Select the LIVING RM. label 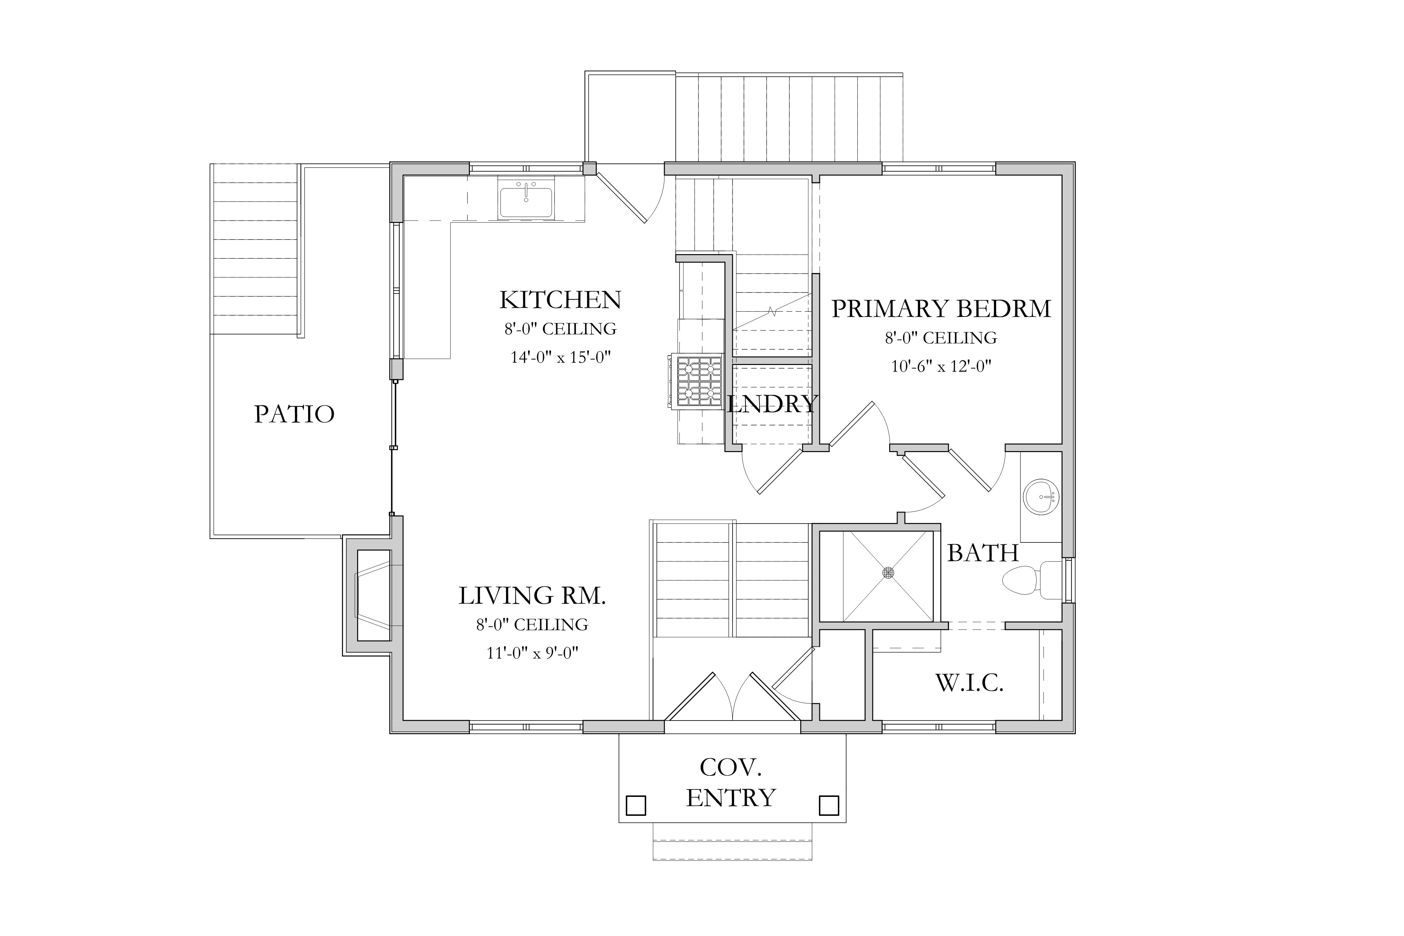[532, 596]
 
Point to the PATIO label [294, 414]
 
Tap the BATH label [982, 553]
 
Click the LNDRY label [771, 404]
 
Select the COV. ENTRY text [731, 783]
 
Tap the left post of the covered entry [636, 805]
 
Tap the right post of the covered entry [828, 805]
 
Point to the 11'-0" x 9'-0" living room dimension [532, 653]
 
